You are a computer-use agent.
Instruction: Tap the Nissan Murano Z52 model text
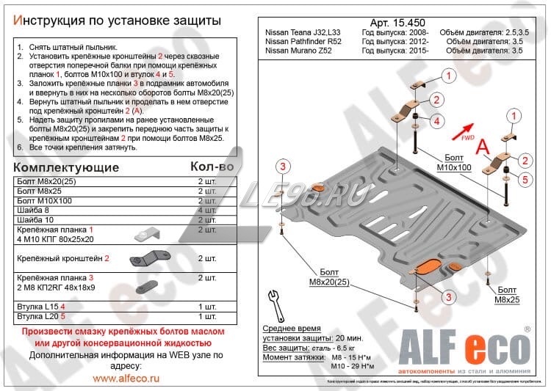click(298, 52)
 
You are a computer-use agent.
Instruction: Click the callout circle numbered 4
click(436, 120)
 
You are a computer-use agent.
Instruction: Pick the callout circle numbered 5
click(525, 178)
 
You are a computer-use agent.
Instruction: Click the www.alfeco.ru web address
click(126, 379)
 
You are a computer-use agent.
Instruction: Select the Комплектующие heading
click(67, 167)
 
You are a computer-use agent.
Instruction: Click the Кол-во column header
click(212, 167)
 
